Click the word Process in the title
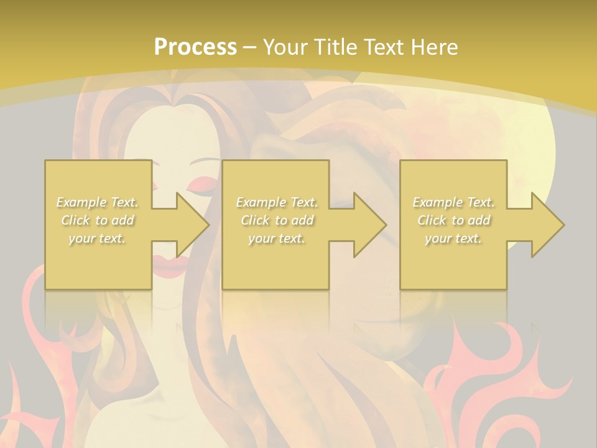coord(195,47)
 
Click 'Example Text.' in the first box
coord(98,202)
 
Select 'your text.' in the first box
coord(98,238)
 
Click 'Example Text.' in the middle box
coord(277,202)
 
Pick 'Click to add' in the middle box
coord(277,220)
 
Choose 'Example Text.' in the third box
coord(453,202)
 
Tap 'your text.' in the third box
coord(453,238)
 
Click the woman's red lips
coord(165,266)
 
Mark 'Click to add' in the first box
coord(98,220)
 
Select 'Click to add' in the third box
coord(453,220)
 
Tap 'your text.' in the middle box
coord(277,238)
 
